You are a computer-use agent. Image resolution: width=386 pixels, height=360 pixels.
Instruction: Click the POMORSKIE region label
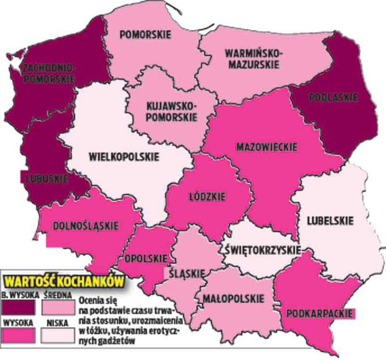click(x=145, y=35)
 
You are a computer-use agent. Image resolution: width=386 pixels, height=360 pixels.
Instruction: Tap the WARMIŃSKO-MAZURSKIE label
click(x=252, y=59)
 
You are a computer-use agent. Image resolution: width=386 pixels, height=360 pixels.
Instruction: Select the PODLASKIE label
click(x=328, y=98)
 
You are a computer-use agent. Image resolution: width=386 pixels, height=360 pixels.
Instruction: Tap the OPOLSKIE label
click(x=142, y=259)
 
